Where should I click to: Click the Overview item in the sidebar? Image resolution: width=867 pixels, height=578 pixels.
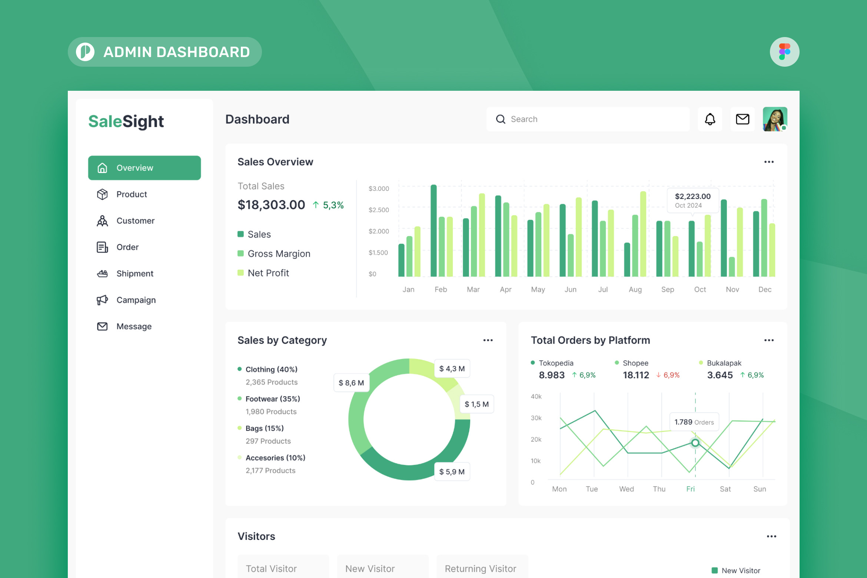pyautogui.click(x=144, y=168)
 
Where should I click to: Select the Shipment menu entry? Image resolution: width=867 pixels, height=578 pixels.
pyautogui.click(x=134, y=273)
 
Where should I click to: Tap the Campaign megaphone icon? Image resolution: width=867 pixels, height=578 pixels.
pyautogui.click(x=102, y=300)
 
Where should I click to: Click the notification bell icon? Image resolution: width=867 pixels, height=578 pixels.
pyautogui.click(x=710, y=119)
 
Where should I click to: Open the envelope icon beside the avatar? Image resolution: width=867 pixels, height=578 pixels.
pyautogui.click(x=742, y=119)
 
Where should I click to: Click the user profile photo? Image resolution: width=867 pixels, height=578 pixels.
pyautogui.click(x=775, y=119)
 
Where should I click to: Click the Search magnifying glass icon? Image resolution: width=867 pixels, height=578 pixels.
pyautogui.click(x=501, y=119)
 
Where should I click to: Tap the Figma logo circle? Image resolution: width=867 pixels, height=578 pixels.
pyautogui.click(x=784, y=52)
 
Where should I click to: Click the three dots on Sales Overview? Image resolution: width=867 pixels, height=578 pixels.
pyautogui.click(x=769, y=162)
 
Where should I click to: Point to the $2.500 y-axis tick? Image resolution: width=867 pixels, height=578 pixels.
pyautogui.click(x=379, y=210)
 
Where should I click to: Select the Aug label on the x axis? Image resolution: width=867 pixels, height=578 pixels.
pyautogui.click(x=635, y=289)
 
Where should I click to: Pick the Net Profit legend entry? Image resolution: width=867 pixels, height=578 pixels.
pyautogui.click(x=268, y=273)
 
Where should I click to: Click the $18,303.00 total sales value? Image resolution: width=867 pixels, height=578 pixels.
pyautogui.click(x=271, y=205)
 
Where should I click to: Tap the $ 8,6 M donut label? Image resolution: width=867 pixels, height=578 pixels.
pyautogui.click(x=351, y=383)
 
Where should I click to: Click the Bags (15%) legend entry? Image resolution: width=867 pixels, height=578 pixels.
pyautogui.click(x=264, y=428)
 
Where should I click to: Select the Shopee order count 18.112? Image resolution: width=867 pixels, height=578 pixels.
pyautogui.click(x=636, y=375)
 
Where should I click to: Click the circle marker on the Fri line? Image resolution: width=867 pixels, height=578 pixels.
pyautogui.click(x=695, y=443)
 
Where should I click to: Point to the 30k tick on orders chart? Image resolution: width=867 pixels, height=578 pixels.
pyautogui.click(x=536, y=418)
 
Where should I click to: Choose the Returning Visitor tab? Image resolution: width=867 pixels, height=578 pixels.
pyautogui.click(x=480, y=568)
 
